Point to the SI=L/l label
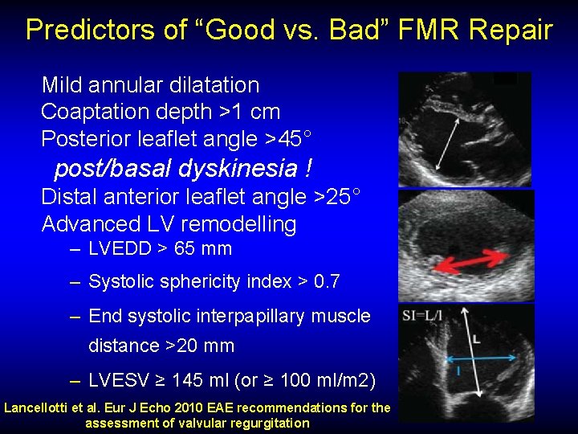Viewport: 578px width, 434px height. pyautogui.click(x=423, y=317)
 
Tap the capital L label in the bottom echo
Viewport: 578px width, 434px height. pyautogui.click(x=476, y=340)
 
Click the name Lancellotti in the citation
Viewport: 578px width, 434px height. pyautogui.click(x=36, y=407)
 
